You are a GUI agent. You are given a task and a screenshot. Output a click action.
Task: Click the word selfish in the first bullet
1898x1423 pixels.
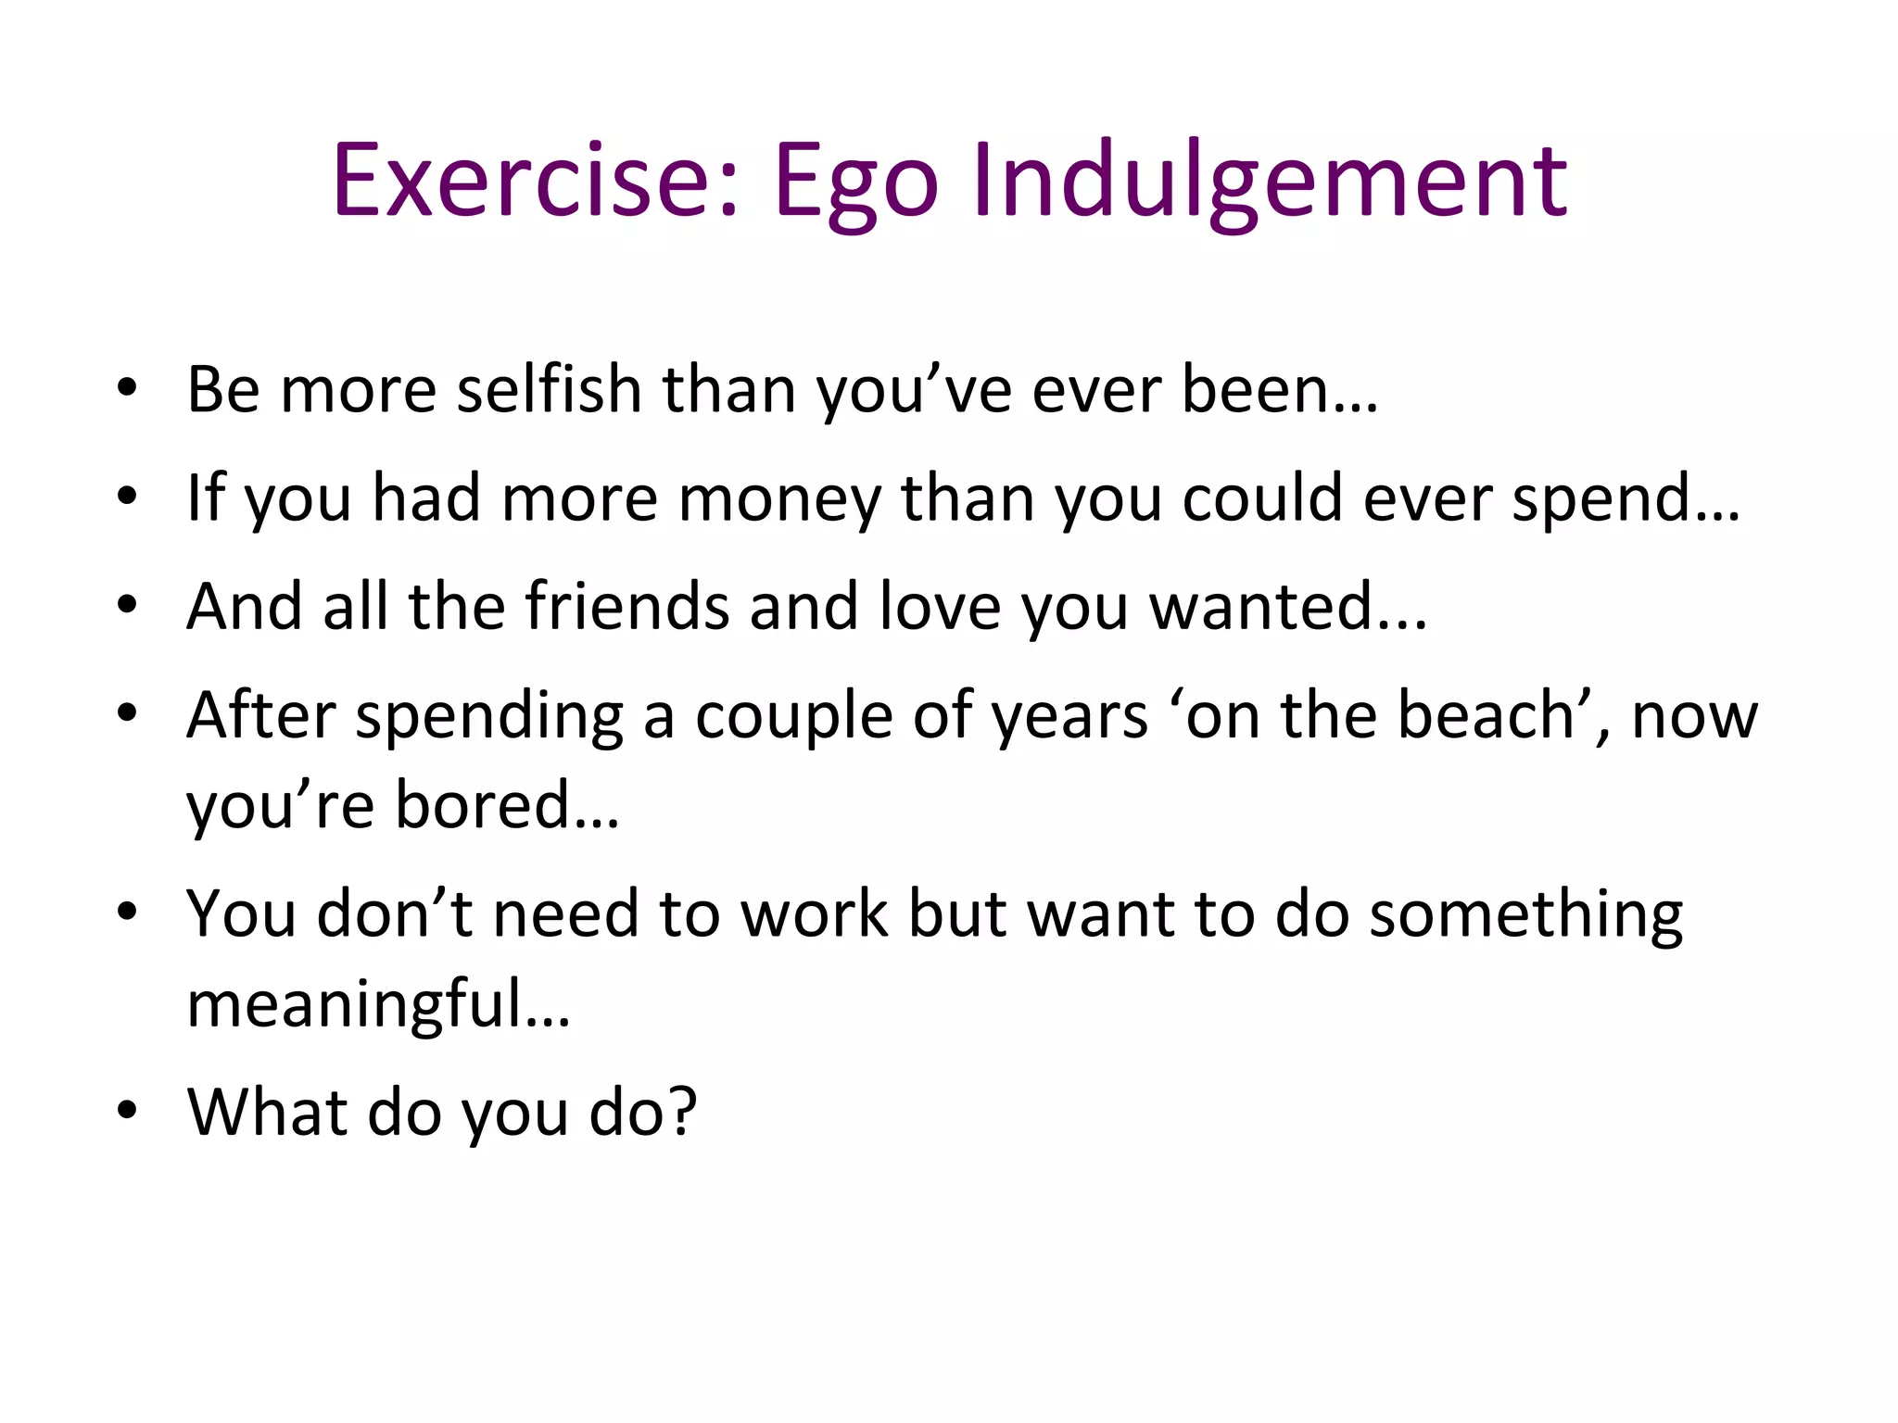549,389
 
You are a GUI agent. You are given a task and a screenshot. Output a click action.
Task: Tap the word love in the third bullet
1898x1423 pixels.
940,607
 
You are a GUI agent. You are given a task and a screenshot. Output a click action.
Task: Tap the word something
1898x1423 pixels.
1525,915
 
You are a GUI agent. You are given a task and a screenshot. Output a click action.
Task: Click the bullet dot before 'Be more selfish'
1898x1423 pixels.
127,389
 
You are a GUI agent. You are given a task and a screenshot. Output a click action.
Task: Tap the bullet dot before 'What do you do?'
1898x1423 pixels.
127,1110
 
